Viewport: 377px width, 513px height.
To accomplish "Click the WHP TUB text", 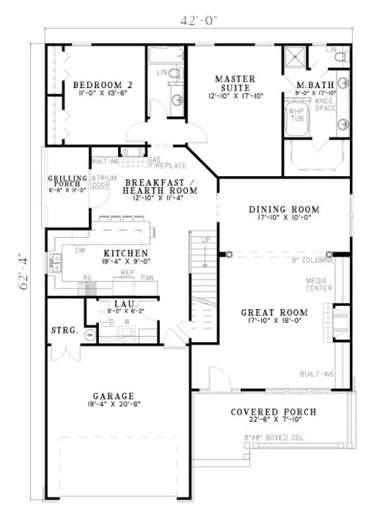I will click(296, 114).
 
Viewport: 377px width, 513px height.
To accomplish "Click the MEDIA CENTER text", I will click(318, 284).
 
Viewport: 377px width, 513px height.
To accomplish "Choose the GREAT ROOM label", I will click(277, 312).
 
